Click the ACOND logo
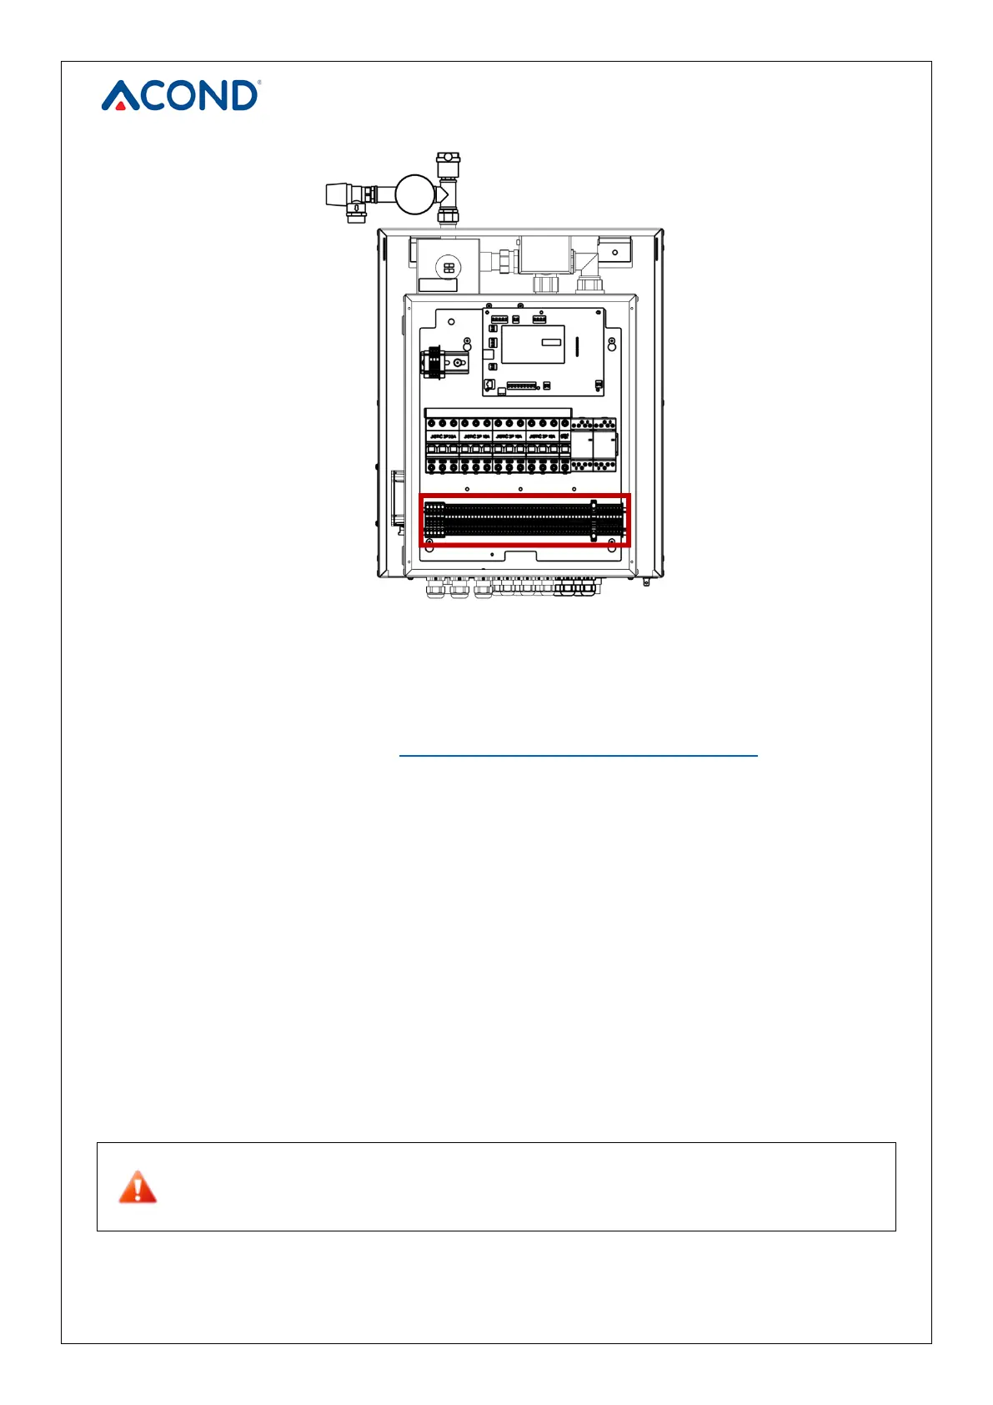(x=181, y=95)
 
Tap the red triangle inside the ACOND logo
(x=121, y=105)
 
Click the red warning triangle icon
(x=138, y=1187)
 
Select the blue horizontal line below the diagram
(x=578, y=755)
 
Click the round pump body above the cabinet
(x=415, y=194)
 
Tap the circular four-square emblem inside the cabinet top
(x=449, y=268)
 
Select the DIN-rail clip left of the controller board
(x=434, y=361)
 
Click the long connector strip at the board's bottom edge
(x=521, y=385)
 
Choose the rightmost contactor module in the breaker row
(x=604, y=445)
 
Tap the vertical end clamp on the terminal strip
(x=594, y=521)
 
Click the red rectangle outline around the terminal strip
(x=524, y=496)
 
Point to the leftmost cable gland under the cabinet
(x=434, y=590)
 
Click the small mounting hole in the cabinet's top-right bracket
(x=615, y=252)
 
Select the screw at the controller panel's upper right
(x=612, y=343)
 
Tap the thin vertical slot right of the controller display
(x=577, y=345)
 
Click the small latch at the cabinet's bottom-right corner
(x=645, y=582)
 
